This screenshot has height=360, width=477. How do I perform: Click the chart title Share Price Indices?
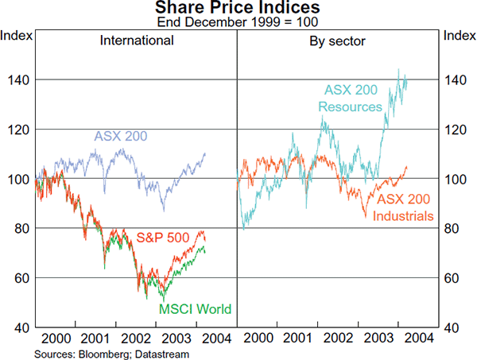click(x=238, y=9)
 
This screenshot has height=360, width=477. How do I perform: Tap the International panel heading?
click(x=136, y=41)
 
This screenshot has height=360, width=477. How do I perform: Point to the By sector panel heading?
click(x=337, y=41)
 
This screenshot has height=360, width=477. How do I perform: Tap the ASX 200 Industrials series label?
click(x=405, y=207)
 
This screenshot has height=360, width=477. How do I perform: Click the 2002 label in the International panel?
click(x=137, y=338)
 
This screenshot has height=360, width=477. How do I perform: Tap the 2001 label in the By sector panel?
click(x=298, y=338)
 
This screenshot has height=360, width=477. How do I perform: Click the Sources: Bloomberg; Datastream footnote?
click(x=96, y=352)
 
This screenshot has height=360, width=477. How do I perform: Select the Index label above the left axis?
click(x=16, y=36)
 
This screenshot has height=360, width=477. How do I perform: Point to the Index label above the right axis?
click(x=460, y=36)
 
